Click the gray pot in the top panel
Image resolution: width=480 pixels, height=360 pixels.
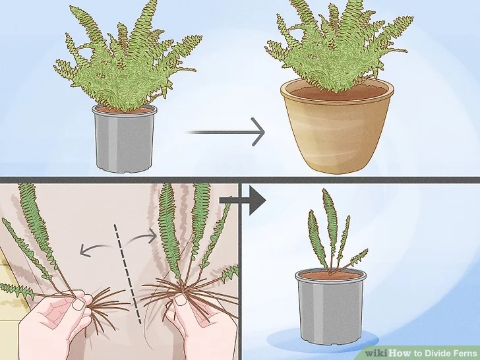pyautogui.click(x=124, y=138)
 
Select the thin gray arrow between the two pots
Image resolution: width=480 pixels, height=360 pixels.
pyautogui.click(x=225, y=132)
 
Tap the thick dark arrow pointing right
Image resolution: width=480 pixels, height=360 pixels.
pyautogui.click(x=243, y=200)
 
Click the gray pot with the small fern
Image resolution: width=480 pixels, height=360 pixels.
pyautogui.click(x=330, y=306)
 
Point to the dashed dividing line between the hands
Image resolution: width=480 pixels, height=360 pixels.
pyautogui.click(x=128, y=274)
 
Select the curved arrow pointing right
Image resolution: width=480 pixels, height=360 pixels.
pyautogui.click(x=142, y=236)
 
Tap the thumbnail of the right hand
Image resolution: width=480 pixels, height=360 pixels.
pyautogui.click(x=181, y=300)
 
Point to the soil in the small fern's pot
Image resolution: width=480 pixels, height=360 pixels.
pyautogui.click(x=330, y=275)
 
